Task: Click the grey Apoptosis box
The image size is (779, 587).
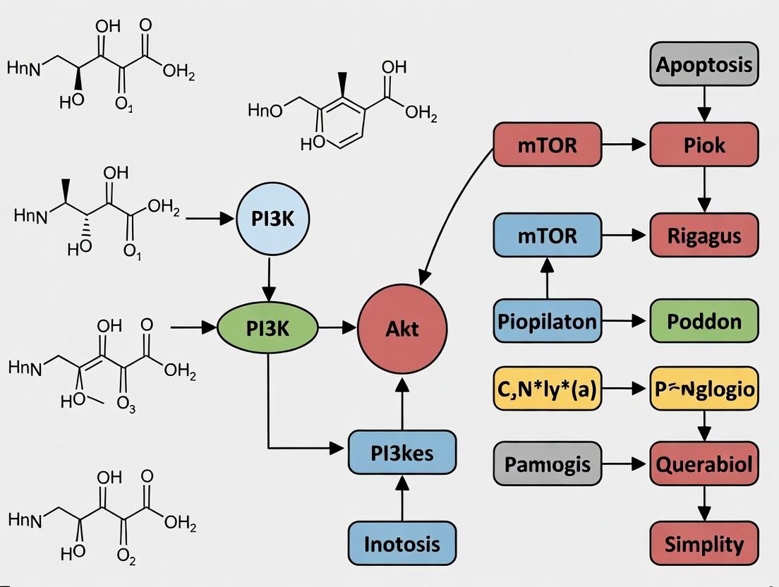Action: click(703, 64)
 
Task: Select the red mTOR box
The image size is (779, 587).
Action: click(547, 145)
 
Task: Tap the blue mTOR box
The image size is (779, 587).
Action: click(547, 234)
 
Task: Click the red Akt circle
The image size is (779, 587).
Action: click(402, 327)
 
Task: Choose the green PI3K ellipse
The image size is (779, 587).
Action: click(267, 327)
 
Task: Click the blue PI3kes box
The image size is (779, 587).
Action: click(402, 452)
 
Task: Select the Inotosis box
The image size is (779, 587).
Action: click(402, 543)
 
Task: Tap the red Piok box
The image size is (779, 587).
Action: click(703, 145)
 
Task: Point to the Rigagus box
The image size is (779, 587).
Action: click(703, 234)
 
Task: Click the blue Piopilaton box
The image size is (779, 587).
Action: click(547, 321)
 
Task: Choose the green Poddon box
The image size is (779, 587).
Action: click(703, 321)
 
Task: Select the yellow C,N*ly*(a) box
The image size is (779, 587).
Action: click(547, 388)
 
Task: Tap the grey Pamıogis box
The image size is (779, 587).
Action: click(547, 464)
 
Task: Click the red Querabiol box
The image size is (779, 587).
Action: click(703, 464)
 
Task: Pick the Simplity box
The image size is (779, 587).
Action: click(703, 544)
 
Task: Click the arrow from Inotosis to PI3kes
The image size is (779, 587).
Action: click(402, 497)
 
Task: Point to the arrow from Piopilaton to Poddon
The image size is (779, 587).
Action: click(624, 321)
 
